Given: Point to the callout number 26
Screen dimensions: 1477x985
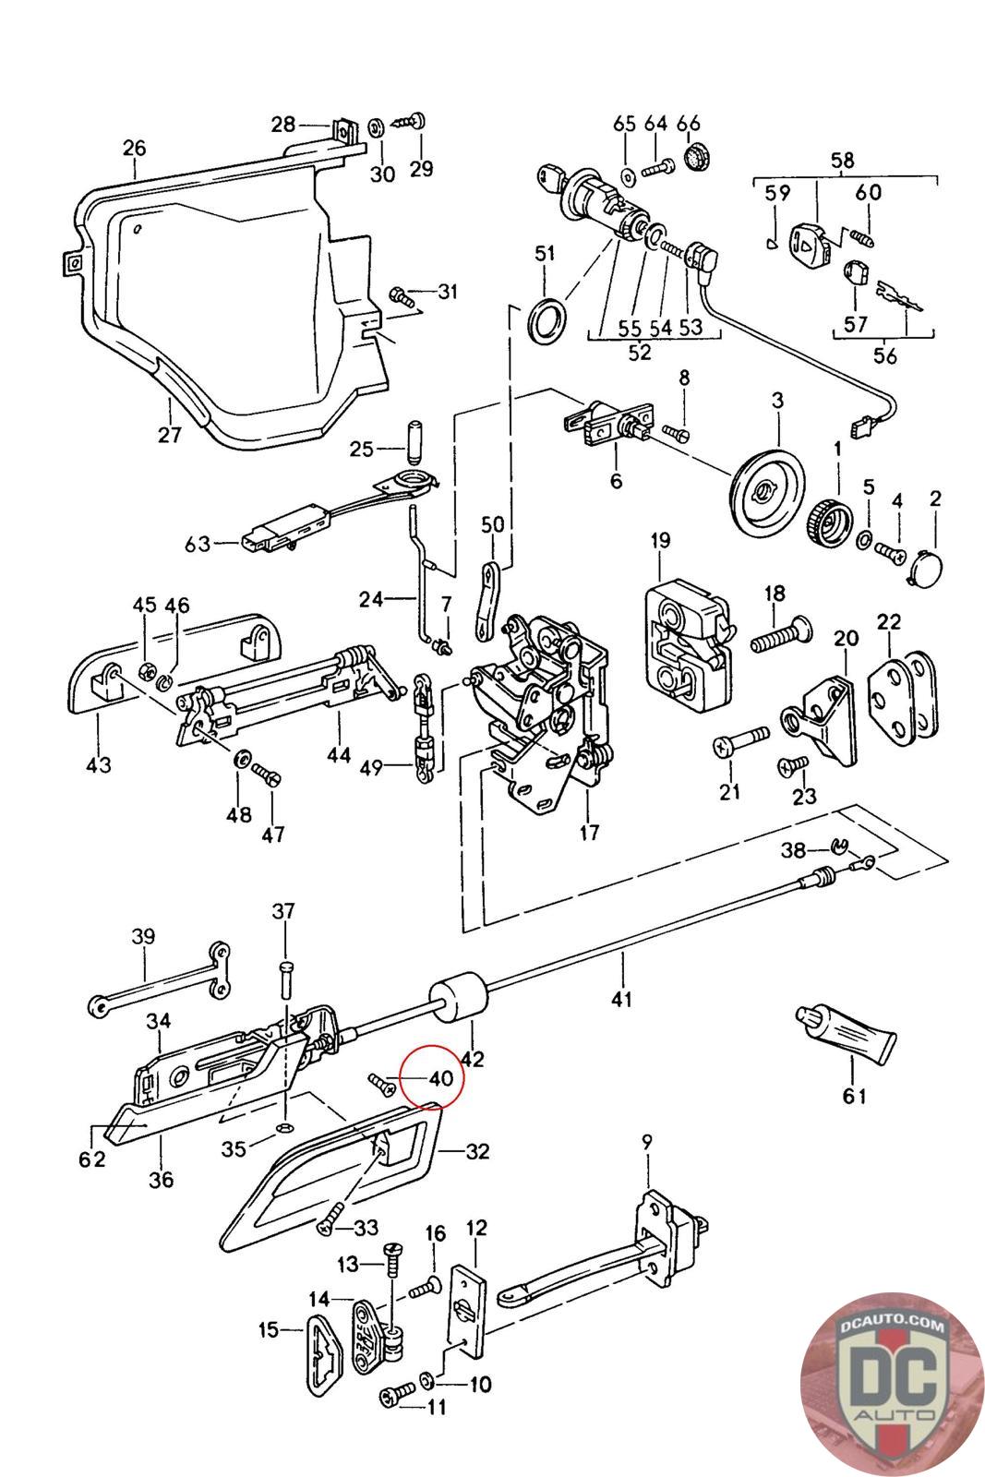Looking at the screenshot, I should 135,148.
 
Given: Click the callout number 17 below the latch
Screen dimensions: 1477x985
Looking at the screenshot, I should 589,833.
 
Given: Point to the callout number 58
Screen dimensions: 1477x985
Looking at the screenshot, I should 842,161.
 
